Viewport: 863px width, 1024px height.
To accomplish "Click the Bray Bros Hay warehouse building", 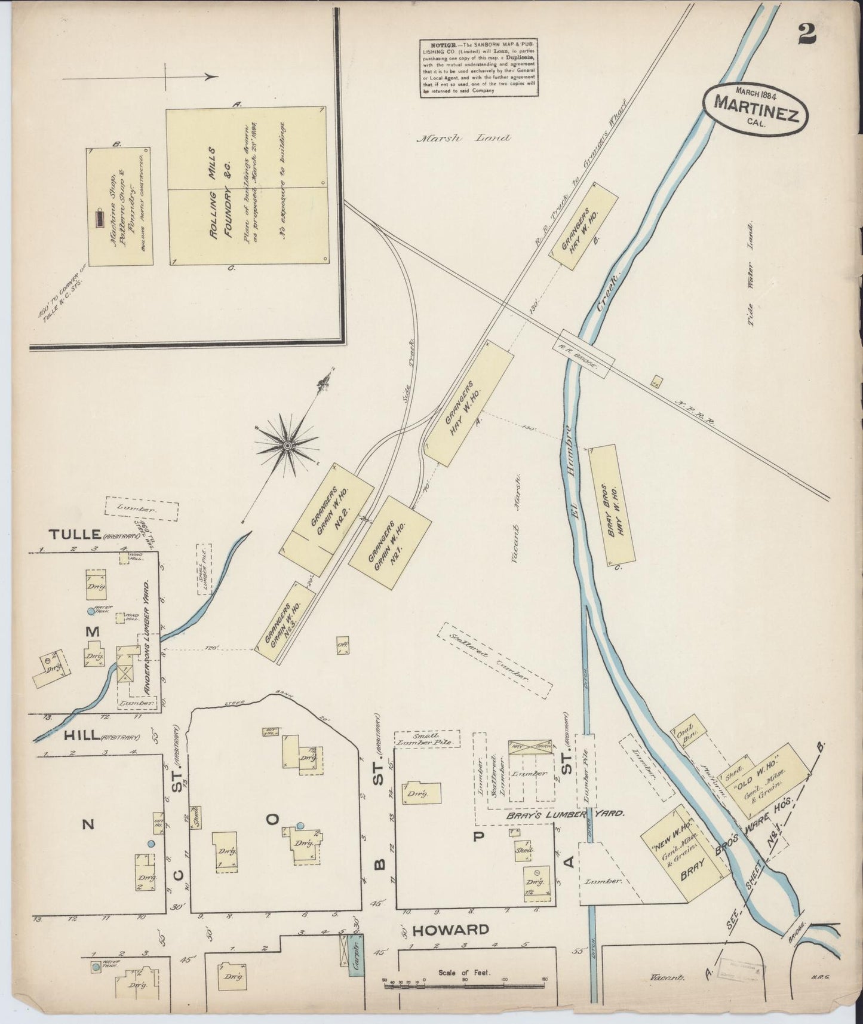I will click(x=612, y=505).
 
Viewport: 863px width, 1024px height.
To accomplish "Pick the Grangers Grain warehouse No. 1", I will click(x=390, y=543).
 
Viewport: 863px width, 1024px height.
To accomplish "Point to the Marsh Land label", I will click(x=463, y=138).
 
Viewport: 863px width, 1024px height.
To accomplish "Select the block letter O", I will click(x=272, y=819).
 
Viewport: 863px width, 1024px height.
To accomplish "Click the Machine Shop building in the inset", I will click(x=119, y=206).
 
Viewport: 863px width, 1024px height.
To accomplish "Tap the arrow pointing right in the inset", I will click(x=140, y=77).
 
